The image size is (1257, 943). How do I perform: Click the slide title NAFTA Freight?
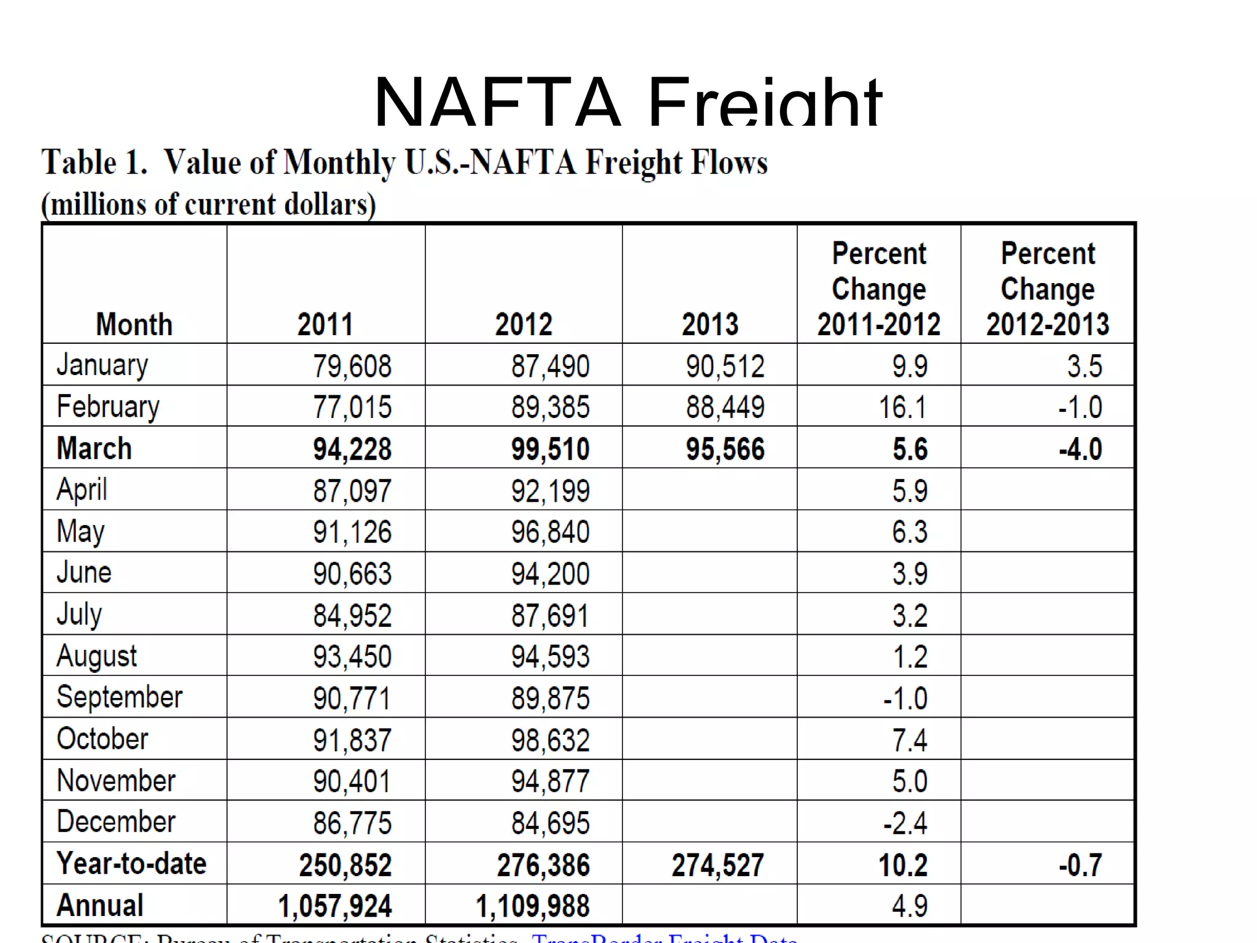coord(627,101)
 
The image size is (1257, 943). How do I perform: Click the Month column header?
coord(134,324)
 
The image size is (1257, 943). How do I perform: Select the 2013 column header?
coord(710,324)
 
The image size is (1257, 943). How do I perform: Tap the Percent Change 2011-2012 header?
coord(878,289)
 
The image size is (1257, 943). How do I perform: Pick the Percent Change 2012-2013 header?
coord(1047,289)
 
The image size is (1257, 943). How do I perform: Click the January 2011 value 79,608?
coord(352,366)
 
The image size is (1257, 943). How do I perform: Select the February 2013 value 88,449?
coord(725,407)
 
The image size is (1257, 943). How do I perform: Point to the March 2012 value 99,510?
coord(550,449)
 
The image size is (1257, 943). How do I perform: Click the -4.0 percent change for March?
coord(1080,449)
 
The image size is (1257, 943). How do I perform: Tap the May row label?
coord(80,531)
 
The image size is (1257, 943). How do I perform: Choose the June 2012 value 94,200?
coord(550,573)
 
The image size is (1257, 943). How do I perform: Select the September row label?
coord(120,697)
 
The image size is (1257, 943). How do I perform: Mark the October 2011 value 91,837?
coord(352,740)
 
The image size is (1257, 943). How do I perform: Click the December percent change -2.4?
coord(905,823)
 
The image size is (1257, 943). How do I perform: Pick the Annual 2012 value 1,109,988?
coord(532,906)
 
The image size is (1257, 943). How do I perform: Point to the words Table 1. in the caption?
coord(94,163)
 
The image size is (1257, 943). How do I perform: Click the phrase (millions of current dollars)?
coord(208,204)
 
